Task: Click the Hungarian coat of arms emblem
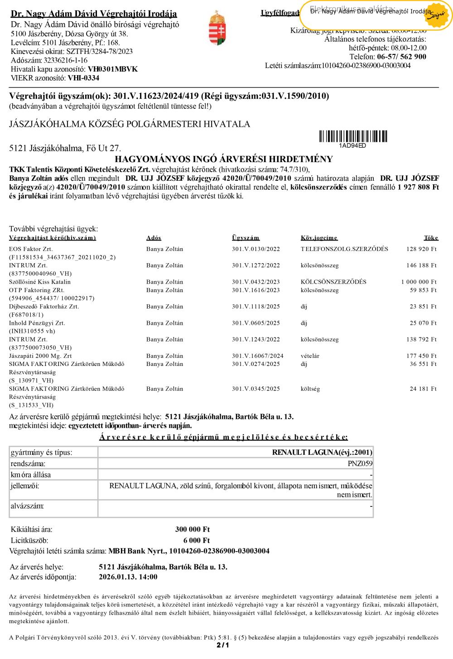217,29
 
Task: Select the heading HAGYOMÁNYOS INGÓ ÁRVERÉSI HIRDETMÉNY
224,159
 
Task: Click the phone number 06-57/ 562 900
401,57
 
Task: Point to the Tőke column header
431,238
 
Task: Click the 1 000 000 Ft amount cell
419,282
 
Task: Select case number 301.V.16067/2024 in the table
257,356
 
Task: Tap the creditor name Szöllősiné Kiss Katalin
40,282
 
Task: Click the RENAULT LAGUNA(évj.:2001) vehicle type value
322,452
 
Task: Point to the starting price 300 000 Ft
193,529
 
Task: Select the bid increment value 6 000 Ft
197,540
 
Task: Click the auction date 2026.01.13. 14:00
128,577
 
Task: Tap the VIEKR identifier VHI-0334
83,78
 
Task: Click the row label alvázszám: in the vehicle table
27,506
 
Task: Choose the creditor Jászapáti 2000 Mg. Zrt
40,356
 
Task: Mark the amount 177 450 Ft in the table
421,356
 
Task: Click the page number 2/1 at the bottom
222,645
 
